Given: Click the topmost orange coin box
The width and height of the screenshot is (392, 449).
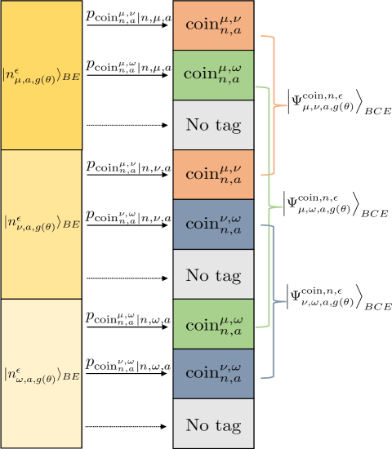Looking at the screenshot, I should coord(213,25).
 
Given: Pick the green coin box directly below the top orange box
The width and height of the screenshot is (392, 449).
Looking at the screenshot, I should coord(213,75).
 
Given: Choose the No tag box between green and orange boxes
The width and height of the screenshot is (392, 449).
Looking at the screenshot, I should coord(213,125).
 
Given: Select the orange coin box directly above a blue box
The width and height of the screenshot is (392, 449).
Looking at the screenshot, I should coord(213,175).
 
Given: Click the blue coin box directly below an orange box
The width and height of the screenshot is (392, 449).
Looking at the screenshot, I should coord(213,224).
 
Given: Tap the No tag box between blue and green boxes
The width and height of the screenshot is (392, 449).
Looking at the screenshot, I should coord(213,274).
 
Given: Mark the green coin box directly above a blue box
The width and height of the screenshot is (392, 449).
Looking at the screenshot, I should coord(213,324).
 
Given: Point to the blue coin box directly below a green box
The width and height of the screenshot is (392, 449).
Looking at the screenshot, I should coord(213,374).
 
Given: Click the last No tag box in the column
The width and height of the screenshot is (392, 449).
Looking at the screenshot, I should coord(213,424).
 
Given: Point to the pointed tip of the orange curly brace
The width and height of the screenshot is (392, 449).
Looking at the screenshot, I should coord(287,104).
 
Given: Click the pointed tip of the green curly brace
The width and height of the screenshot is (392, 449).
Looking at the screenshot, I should coord(282,207).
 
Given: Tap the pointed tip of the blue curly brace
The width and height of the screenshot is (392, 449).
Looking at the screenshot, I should coord(286,302).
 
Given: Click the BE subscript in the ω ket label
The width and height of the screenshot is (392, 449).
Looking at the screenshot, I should coord(72,376).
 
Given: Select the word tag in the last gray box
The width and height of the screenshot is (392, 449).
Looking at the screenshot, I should coord(229,425).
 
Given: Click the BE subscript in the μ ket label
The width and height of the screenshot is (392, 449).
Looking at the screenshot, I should coord(72,78).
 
